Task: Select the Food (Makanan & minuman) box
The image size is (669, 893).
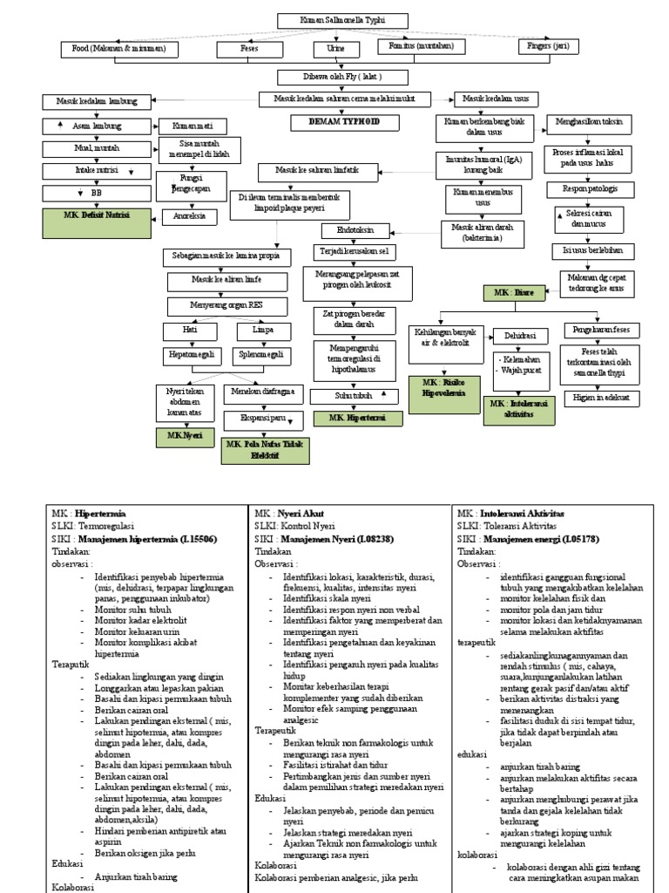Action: [x=119, y=49]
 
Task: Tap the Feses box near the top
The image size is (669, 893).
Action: [x=249, y=49]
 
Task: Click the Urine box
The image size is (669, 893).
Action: [x=335, y=49]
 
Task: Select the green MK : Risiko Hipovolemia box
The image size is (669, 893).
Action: [x=442, y=387]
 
